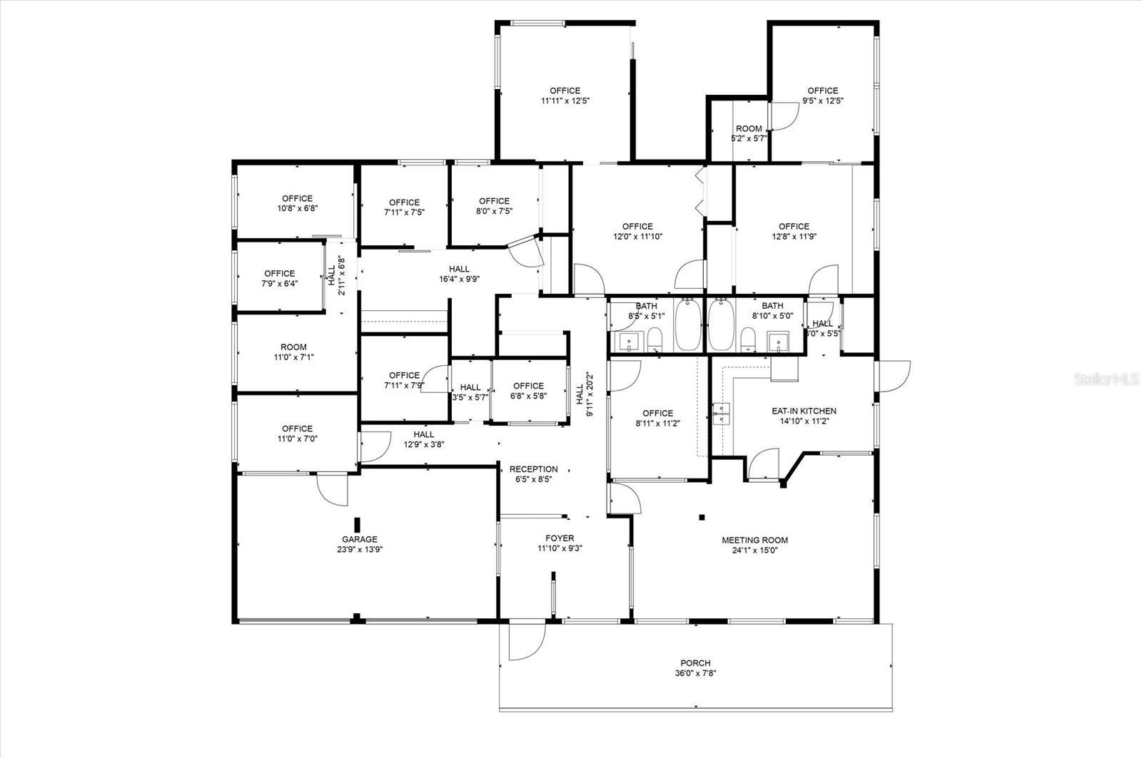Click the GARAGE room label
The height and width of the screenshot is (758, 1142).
[359, 540]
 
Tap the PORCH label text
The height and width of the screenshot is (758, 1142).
[694, 663]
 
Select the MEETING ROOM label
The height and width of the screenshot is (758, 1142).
[754, 541]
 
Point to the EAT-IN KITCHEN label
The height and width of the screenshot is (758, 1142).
[804, 411]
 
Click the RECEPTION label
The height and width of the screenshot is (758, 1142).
[533, 469]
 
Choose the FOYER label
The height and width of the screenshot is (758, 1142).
[560, 538]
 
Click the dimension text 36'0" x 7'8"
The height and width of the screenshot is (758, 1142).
[694, 674]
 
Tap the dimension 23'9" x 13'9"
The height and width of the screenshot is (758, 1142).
[359, 550]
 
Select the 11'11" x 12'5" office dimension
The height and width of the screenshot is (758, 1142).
[565, 101]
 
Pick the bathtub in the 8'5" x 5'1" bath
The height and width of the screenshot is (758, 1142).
[688, 325]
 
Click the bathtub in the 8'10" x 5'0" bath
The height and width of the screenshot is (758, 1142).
[720, 325]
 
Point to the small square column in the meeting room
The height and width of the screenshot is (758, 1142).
[702, 517]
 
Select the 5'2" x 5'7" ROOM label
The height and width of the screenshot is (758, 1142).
[749, 129]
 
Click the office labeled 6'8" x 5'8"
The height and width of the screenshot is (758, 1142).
[528, 386]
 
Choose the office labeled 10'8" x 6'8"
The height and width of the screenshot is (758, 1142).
[297, 199]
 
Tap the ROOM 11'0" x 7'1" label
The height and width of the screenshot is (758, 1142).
[293, 347]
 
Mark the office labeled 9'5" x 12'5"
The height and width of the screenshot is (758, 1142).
[822, 91]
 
